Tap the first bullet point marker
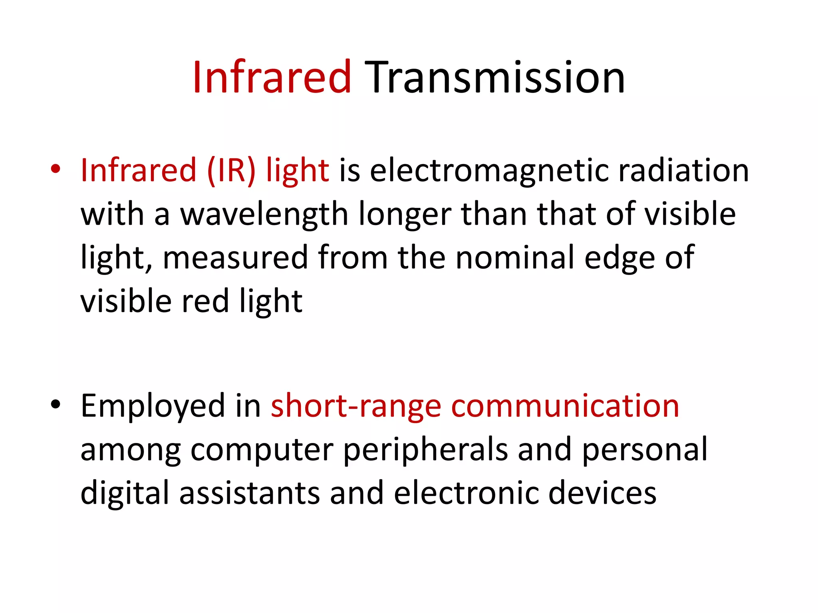pyautogui.click(x=56, y=169)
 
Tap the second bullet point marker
pyautogui.click(x=56, y=405)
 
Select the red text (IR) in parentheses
pyautogui.click(x=231, y=171)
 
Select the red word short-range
pyautogui.click(x=356, y=406)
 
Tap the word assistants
pyautogui.click(x=250, y=493)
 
